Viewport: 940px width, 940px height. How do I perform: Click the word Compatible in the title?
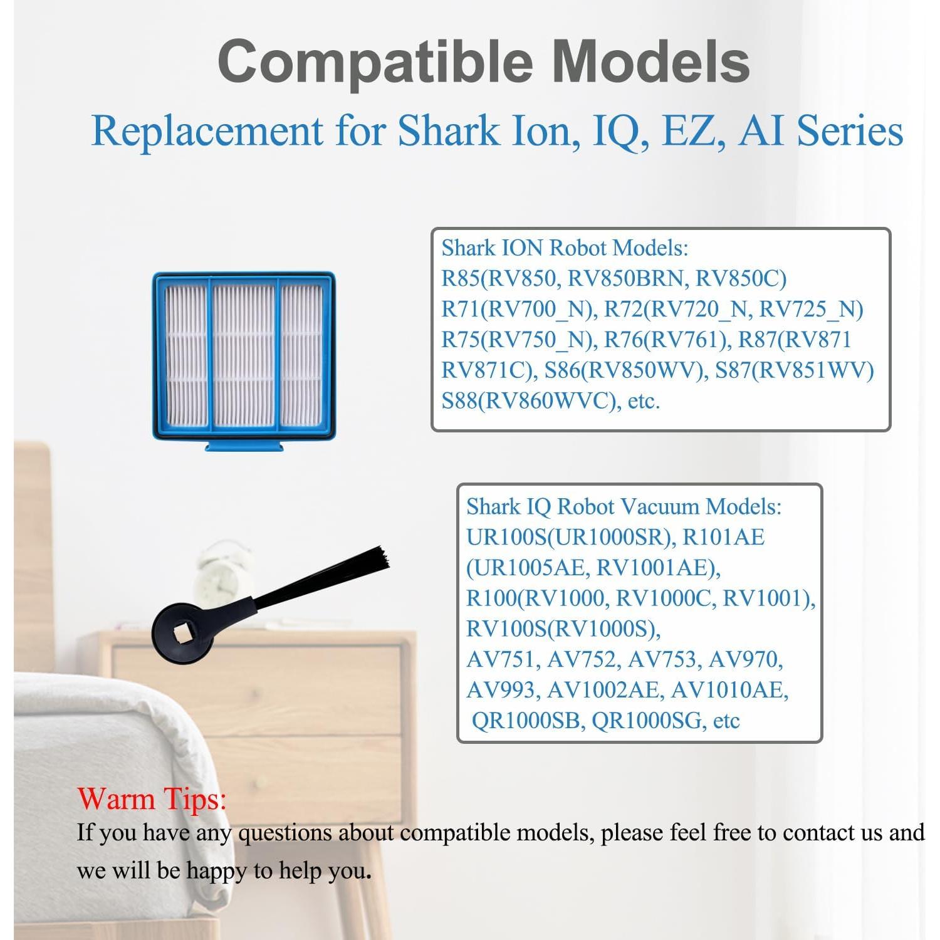pyautogui.click(x=375, y=61)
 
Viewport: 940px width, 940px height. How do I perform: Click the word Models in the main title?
pyautogui.click(x=652, y=61)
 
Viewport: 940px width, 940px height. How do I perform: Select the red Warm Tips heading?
pyautogui.click(x=152, y=799)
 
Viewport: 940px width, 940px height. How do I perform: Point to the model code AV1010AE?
pyautogui.click(x=728, y=690)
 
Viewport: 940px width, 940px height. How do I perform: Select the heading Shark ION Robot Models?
pyautogui.click(x=565, y=248)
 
